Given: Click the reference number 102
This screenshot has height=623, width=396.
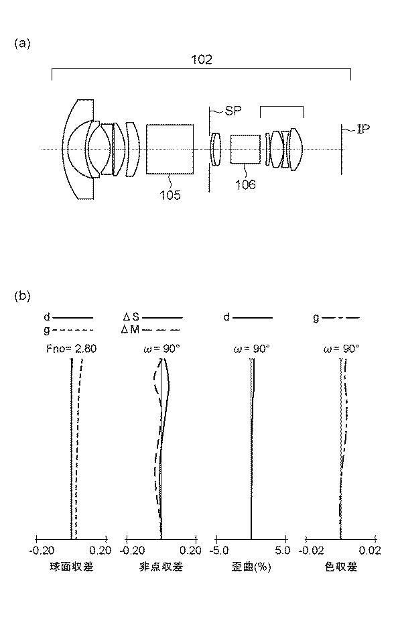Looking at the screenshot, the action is (202, 60).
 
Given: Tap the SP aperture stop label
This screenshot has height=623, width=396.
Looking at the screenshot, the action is (233, 111).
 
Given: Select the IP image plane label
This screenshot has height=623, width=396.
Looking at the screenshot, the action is (363, 129).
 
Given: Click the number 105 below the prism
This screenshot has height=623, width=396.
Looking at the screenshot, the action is (170, 194).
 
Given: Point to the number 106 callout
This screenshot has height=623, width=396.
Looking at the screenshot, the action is (245, 185).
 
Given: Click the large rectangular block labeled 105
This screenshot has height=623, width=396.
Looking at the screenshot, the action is (170, 150).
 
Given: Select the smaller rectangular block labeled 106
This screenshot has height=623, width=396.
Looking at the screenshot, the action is (245, 150).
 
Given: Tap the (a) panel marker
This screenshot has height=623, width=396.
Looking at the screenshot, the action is (22, 44).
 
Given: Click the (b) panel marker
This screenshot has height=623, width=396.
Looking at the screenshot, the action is (22, 296).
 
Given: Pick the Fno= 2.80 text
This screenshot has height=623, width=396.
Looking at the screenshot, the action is (72, 349).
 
